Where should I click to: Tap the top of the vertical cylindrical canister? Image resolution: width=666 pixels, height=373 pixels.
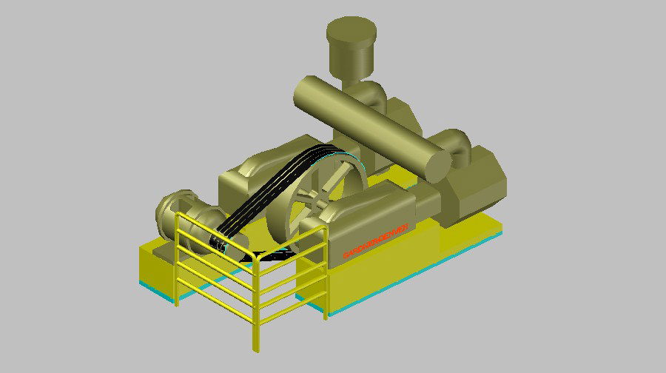(x=350, y=32)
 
